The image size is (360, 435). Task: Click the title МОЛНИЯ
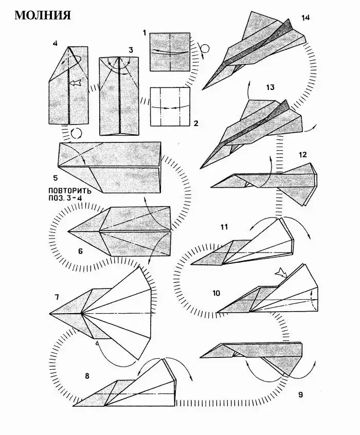click(x=43, y=15)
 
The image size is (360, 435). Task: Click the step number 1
click(x=145, y=33)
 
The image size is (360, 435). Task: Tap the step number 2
click(x=196, y=123)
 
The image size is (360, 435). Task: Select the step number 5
click(x=56, y=178)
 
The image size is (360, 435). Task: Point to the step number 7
click(x=57, y=297)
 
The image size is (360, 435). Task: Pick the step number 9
click(x=300, y=394)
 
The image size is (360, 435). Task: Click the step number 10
click(x=216, y=293)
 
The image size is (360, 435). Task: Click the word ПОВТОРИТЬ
click(x=69, y=191)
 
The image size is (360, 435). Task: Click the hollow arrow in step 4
click(x=75, y=82)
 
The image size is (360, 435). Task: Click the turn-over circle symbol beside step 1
click(x=205, y=49)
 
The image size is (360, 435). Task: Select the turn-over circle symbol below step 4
click(x=77, y=134)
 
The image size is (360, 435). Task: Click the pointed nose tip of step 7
click(x=50, y=314)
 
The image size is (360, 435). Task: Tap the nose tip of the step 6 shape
click(x=68, y=231)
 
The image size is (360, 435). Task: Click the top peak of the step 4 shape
click(x=68, y=47)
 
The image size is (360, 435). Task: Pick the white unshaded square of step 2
click(x=170, y=107)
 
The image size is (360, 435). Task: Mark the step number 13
click(x=270, y=87)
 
